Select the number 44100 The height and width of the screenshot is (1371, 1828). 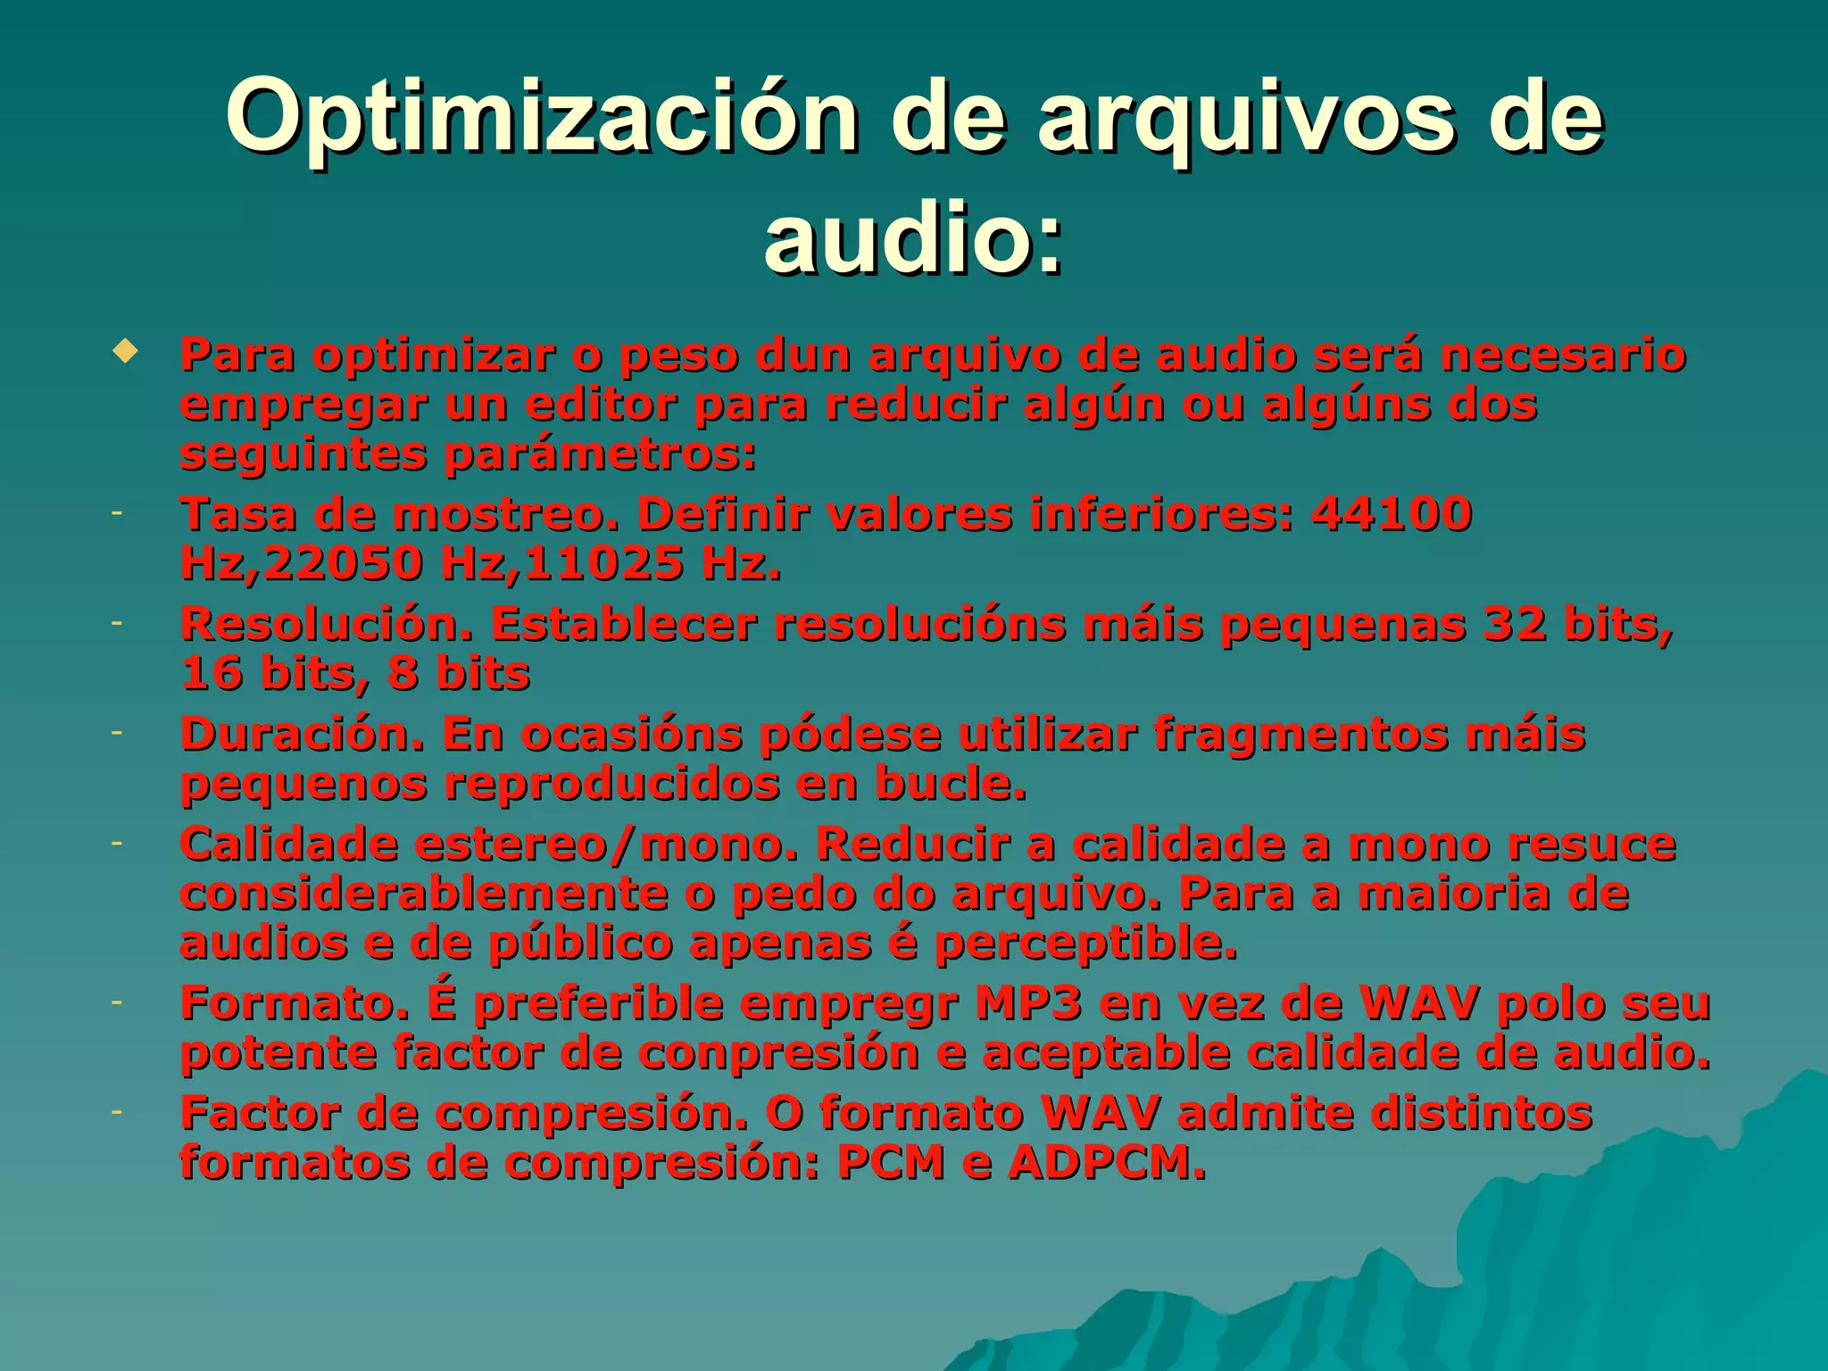click(1392, 514)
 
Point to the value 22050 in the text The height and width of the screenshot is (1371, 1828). click(342, 563)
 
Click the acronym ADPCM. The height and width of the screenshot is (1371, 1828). click(1107, 1162)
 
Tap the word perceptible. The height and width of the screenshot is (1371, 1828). click(1086, 943)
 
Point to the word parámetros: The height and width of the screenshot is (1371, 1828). click(600, 455)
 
